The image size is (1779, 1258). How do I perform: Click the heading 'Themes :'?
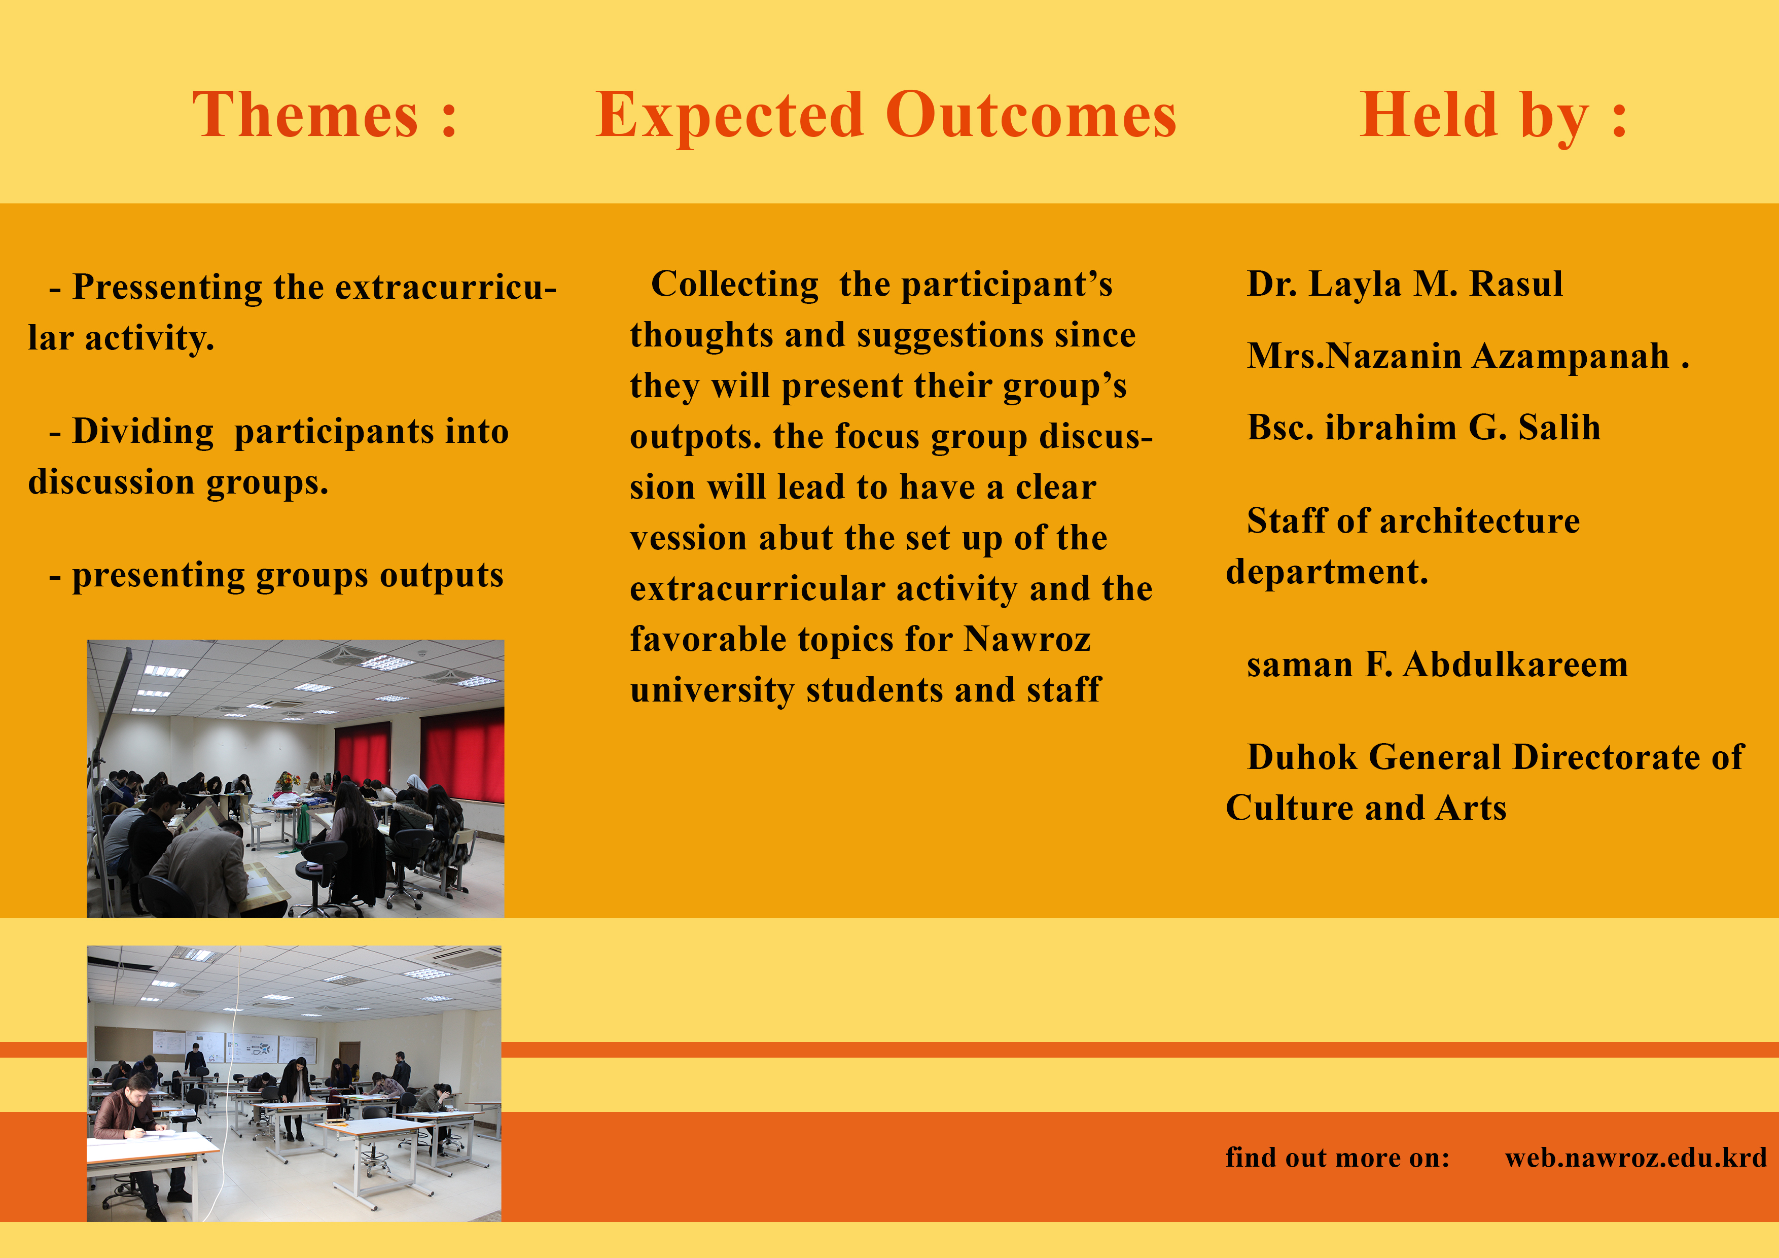[324, 116]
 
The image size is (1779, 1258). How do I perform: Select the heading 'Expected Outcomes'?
[885, 116]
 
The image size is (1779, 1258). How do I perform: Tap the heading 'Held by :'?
[1492, 116]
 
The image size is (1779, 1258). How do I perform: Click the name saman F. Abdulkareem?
[1437, 665]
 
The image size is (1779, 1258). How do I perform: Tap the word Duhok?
[1302, 757]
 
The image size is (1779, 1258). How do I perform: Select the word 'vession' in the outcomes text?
[688, 538]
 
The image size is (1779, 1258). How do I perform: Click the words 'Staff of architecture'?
[1412, 521]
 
